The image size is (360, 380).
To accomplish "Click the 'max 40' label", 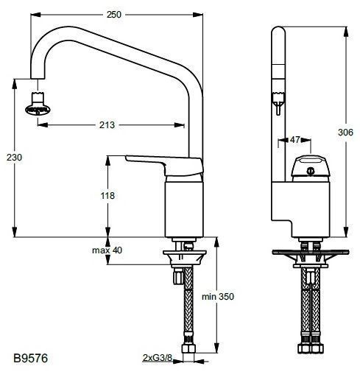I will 107,251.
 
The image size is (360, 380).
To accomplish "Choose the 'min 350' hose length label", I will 218,298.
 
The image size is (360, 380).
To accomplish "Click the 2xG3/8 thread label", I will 158,359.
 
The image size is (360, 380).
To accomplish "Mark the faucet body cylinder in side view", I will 183,209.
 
